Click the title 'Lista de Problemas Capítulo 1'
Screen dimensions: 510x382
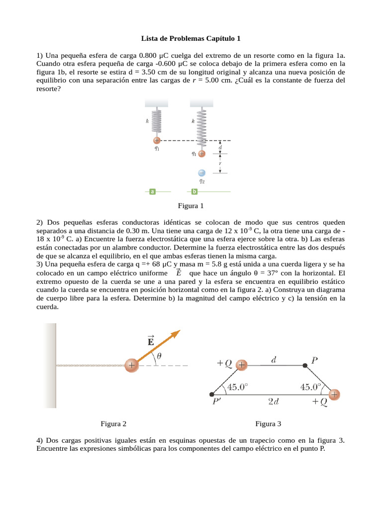tap(191, 38)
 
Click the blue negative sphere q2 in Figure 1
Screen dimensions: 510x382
tap(201, 173)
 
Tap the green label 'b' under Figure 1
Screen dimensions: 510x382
tap(194, 191)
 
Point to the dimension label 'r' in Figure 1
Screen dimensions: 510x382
tap(220, 163)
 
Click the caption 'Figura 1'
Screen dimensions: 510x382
tap(191, 206)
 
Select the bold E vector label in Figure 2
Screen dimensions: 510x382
tap(150, 341)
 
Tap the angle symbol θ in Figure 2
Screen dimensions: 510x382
tap(159, 356)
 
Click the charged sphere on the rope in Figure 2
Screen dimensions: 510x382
tap(131, 366)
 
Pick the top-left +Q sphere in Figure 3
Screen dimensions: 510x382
tap(242, 365)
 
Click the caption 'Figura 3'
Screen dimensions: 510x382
tap(268, 424)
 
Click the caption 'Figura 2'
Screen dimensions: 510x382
tap(113, 424)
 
